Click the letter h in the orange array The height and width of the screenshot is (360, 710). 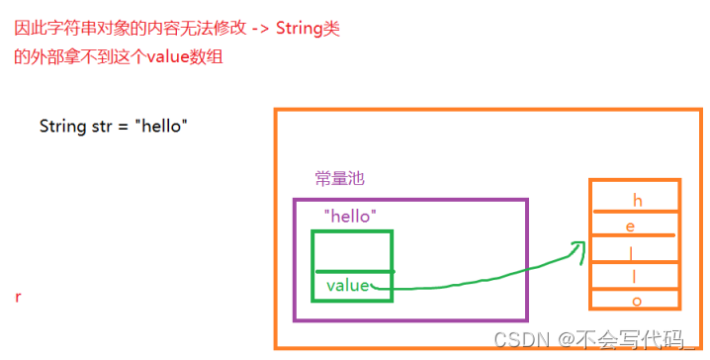click(637, 201)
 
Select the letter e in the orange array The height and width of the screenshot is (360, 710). click(630, 226)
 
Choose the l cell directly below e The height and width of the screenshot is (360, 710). click(632, 251)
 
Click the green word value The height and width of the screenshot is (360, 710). click(347, 286)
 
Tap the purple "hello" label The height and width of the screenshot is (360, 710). click(350, 215)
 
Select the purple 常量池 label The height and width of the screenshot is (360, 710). click(340, 178)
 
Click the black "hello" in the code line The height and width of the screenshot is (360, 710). click(162, 127)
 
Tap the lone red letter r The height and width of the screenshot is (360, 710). click(19, 297)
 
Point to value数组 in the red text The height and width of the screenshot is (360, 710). click(183, 56)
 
